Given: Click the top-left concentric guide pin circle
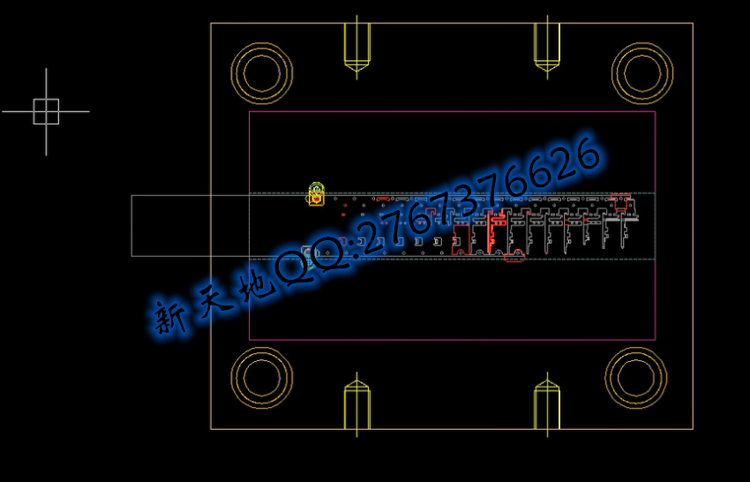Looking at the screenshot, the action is coord(262,44).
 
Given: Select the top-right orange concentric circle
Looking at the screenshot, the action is coord(642,44).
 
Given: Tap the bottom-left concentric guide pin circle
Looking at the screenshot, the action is coord(262,349).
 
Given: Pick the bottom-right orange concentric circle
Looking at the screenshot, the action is coord(635,349).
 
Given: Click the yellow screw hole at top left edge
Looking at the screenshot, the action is coord(356,47).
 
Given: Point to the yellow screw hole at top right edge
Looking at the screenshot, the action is coord(547,47).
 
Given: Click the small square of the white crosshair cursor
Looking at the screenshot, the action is coord(47,100).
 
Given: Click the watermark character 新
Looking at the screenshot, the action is coord(169,317).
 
